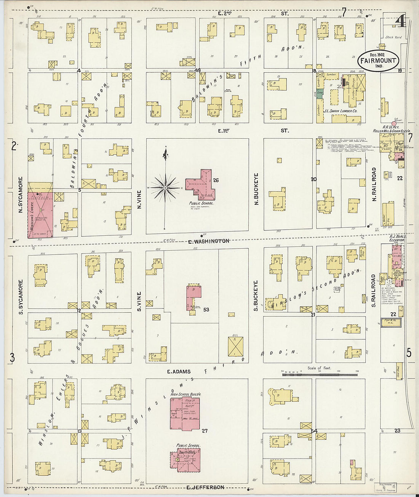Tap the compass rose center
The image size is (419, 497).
[165, 188]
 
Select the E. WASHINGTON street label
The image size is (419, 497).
[209, 241]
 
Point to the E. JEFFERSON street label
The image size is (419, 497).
[205, 487]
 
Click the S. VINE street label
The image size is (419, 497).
[139, 301]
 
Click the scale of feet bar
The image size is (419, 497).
[320, 375]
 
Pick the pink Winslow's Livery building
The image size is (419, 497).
[40, 215]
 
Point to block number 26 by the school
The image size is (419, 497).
[216, 180]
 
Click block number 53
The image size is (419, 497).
[206, 310]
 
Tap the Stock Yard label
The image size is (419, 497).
[393, 37]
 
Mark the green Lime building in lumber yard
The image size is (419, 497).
[320, 93]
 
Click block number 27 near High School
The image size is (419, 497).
[205, 431]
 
